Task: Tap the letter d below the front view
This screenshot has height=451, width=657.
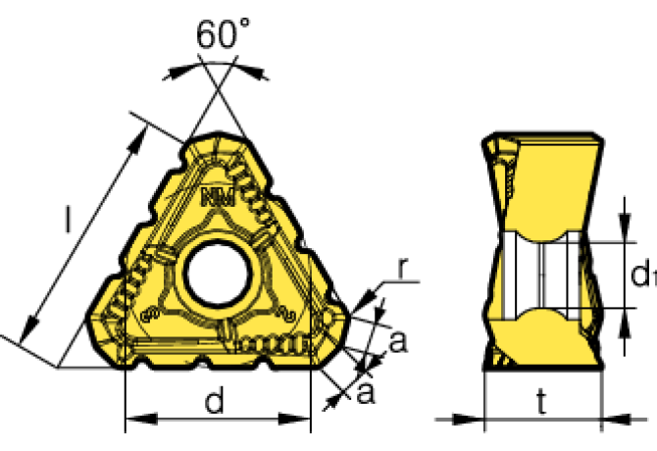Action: (x=217, y=401)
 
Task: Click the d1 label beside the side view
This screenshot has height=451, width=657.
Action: (x=641, y=277)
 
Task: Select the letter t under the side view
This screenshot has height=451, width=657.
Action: (x=542, y=401)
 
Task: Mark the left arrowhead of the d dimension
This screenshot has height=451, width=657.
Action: (x=133, y=420)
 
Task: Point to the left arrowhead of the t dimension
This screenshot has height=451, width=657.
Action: (x=493, y=420)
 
